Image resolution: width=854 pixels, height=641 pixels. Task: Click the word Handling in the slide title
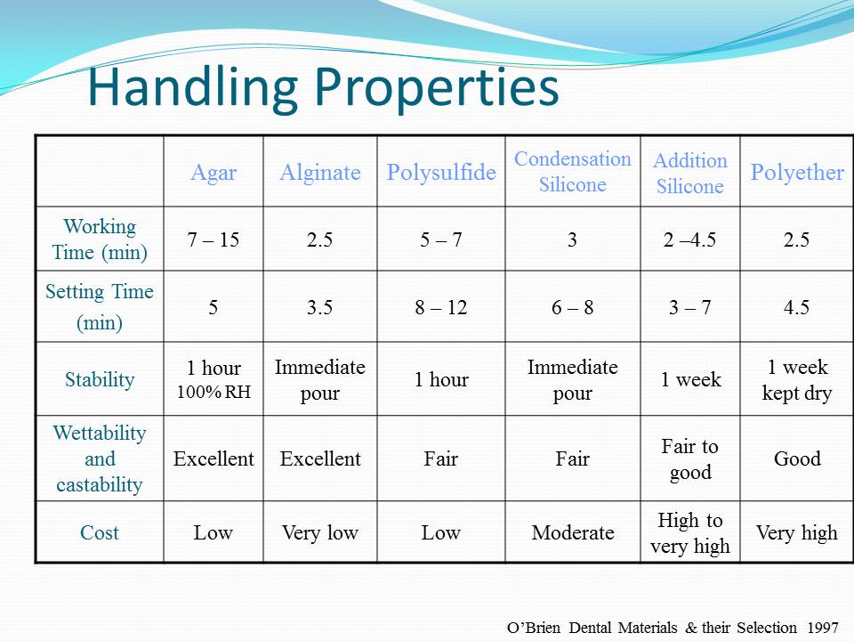click(x=193, y=88)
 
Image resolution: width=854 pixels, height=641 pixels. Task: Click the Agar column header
click(x=213, y=173)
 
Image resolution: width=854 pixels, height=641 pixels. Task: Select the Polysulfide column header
click(x=441, y=172)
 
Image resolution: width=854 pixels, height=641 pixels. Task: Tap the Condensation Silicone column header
click(x=572, y=172)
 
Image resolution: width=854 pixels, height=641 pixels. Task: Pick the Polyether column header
click(x=797, y=172)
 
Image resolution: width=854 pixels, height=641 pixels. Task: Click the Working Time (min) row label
click(x=100, y=239)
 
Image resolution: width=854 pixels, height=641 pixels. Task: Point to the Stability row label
click(x=100, y=379)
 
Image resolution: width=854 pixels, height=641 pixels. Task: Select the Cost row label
click(x=99, y=532)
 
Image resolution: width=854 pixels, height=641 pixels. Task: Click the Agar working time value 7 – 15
click(x=213, y=239)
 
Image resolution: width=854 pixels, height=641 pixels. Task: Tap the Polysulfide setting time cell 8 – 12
click(x=441, y=307)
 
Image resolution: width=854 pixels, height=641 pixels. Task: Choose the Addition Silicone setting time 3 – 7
click(x=690, y=307)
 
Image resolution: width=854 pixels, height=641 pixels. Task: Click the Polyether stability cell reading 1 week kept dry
click(x=797, y=379)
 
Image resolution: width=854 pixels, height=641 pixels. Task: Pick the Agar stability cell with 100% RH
click(x=213, y=379)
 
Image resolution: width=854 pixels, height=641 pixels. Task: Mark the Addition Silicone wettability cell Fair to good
click(x=690, y=458)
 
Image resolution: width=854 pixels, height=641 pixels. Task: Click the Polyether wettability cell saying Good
click(x=797, y=459)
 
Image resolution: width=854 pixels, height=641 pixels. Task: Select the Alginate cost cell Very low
click(x=320, y=532)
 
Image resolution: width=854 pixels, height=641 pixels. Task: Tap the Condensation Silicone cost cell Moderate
click(x=572, y=532)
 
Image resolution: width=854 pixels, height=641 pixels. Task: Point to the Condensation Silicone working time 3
click(x=572, y=239)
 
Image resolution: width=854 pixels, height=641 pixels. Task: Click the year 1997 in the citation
click(x=822, y=628)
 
